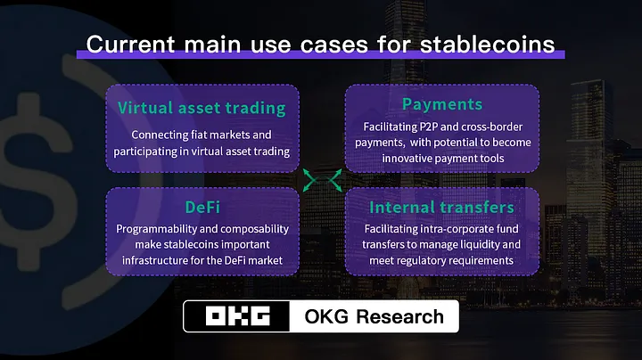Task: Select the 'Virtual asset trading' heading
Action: pos(202,109)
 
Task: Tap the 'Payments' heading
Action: pos(441,104)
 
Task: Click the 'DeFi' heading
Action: pos(202,207)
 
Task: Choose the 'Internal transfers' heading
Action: pos(441,208)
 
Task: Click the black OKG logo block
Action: pos(237,316)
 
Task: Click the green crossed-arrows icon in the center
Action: pos(322,181)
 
